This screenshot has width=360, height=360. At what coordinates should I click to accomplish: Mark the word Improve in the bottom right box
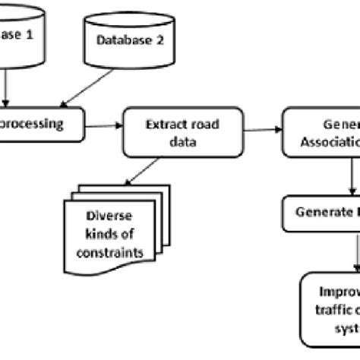click(338, 292)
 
